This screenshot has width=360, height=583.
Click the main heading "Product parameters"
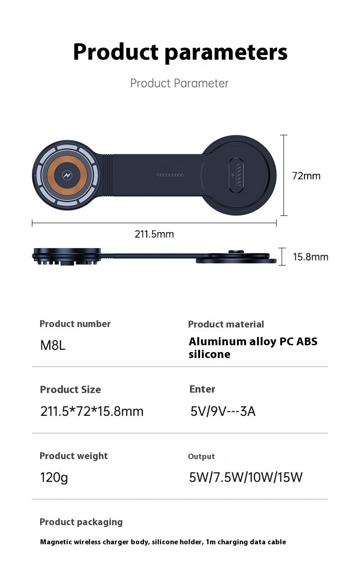tap(180, 52)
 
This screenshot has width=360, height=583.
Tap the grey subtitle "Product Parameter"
tap(179, 83)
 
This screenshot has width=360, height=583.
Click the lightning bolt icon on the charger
tap(67, 175)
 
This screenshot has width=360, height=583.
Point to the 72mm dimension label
tap(306, 176)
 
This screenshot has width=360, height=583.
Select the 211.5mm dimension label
tap(154, 234)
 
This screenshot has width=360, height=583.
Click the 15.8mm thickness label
tap(310, 257)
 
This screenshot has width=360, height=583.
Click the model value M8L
tap(53, 345)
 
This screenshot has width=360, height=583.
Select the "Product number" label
tap(75, 324)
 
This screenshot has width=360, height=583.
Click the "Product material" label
tap(226, 324)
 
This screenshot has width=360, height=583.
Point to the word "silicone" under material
tap(209, 354)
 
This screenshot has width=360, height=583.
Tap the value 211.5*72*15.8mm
tap(92, 411)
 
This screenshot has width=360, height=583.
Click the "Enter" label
tap(202, 389)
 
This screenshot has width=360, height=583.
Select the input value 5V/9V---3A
tap(223, 411)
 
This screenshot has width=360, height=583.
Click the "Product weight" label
tap(73, 456)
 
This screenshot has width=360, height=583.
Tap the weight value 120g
tap(54, 478)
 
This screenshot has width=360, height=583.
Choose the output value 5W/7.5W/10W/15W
tap(246, 477)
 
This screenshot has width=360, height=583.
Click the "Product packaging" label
tap(81, 522)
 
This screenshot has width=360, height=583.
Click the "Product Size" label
tap(70, 389)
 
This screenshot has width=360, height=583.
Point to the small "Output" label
tap(201, 456)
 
